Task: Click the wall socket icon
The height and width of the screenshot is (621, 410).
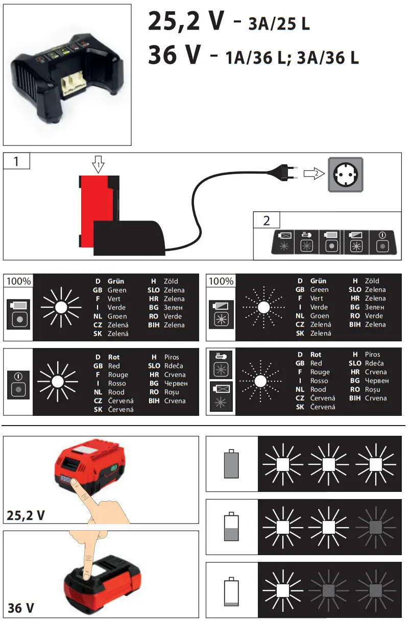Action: pyautogui.click(x=347, y=174)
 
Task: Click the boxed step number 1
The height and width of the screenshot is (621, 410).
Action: pyautogui.click(x=16, y=161)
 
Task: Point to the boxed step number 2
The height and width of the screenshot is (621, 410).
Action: pyautogui.click(x=267, y=220)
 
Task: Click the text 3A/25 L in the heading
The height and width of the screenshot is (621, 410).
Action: pyautogui.click(x=279, y=23)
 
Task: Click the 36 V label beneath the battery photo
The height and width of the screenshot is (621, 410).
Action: pyautogui.click(x=21, y=608)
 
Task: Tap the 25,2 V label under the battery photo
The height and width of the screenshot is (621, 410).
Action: pyautogui.click(x=26, y=515)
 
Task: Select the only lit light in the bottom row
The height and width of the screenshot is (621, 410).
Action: pyautogui.click(x=283, y=590)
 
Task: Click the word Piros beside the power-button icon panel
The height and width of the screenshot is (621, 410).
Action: pyautogui.click(x=172, y=357)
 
